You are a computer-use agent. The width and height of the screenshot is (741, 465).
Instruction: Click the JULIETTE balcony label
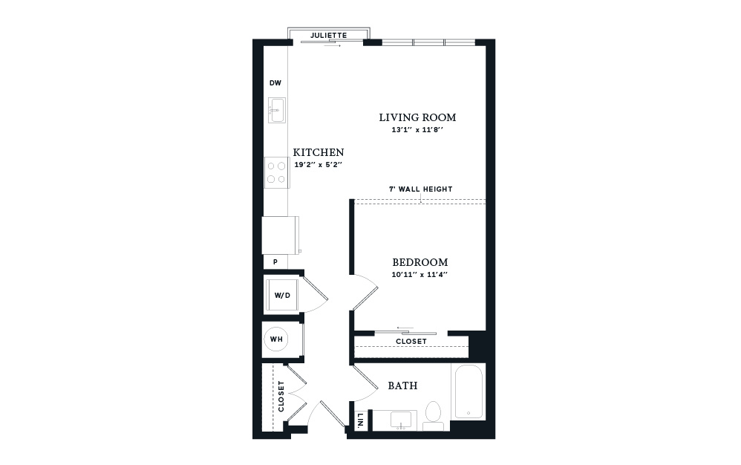[328, 36]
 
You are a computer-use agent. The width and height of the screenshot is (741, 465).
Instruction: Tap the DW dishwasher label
[275, 83]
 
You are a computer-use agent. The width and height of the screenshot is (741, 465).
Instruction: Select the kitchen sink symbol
[277, 110]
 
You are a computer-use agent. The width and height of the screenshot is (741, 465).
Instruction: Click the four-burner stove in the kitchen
[276, 172]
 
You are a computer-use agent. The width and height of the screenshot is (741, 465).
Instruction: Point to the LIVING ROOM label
[418, 117]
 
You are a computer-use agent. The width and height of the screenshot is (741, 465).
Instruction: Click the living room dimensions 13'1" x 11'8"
[417, 130]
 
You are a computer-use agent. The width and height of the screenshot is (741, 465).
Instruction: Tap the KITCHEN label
[319, 152]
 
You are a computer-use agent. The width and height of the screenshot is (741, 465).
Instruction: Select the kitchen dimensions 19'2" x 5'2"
[318, 165]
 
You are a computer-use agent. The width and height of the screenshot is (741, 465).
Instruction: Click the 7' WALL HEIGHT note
[420, 189]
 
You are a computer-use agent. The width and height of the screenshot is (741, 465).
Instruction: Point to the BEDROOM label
[420, 262]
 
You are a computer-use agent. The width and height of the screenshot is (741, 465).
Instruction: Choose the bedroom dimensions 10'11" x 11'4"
[420, 275]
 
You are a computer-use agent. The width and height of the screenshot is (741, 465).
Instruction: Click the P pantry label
[275, 261]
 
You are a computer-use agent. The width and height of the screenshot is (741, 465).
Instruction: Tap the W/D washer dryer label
[283, 296]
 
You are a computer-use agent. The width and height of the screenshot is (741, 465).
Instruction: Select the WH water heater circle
[276, 339]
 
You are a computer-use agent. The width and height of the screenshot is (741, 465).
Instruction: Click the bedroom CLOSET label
[411, 341]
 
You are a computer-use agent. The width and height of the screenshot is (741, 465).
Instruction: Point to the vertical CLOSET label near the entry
[281, 396]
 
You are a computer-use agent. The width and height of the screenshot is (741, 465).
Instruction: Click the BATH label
[402, 386]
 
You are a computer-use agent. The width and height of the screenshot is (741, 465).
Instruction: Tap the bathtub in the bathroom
[468, 391]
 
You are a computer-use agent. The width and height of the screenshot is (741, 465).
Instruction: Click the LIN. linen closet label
[361, 420]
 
